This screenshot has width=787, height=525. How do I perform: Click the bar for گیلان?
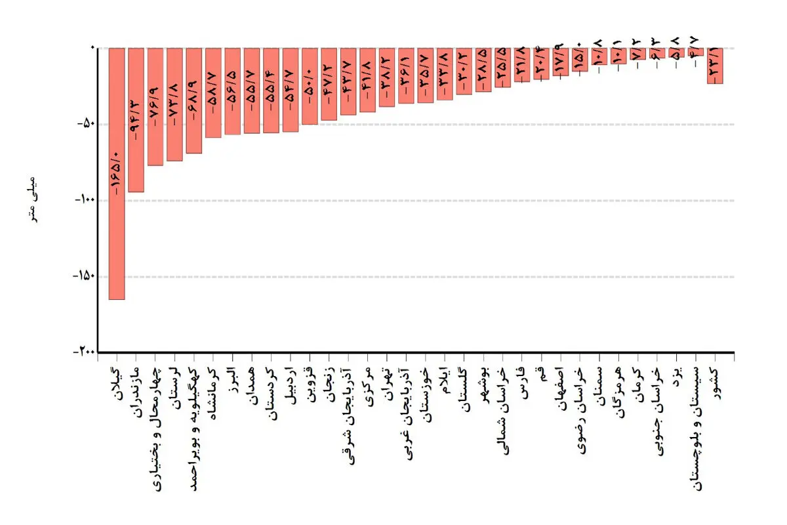point(117,174)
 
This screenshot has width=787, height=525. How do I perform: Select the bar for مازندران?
point(136,120)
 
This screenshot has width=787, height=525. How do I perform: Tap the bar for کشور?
point(715,66)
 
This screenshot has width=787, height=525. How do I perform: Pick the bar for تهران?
point(387,77)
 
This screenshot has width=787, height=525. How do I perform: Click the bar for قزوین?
point(310,86)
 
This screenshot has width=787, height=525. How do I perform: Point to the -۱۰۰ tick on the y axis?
point(85,200)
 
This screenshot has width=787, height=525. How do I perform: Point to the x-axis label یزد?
point(677,376)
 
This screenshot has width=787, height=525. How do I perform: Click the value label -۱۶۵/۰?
point(117,173)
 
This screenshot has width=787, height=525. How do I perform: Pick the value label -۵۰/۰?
point(310,87)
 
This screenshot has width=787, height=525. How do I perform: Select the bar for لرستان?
point(174,104)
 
